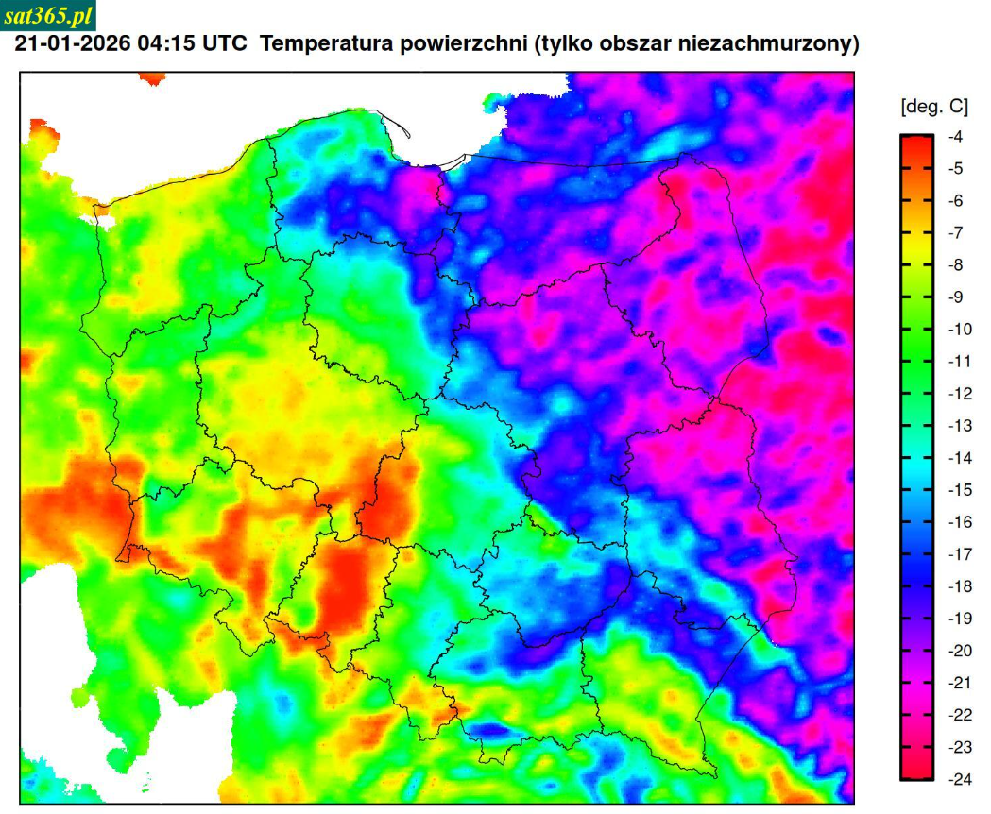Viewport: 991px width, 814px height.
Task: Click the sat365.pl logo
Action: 48,15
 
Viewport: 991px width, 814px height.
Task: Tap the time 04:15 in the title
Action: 166,44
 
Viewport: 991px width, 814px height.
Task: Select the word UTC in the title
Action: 226,44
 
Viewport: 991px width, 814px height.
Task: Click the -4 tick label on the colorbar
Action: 956,137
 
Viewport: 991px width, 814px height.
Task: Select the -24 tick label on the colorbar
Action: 959,779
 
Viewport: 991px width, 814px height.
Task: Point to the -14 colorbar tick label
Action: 959,458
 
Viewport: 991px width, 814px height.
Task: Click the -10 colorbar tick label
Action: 959,330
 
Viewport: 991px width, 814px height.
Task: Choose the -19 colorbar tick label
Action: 959,619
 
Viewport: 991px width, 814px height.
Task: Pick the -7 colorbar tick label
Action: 956,233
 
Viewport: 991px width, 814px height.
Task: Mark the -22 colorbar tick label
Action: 959,715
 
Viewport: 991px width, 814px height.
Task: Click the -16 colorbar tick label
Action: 959,522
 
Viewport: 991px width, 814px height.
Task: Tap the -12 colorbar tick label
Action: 959,394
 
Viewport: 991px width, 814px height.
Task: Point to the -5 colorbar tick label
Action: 956,169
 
